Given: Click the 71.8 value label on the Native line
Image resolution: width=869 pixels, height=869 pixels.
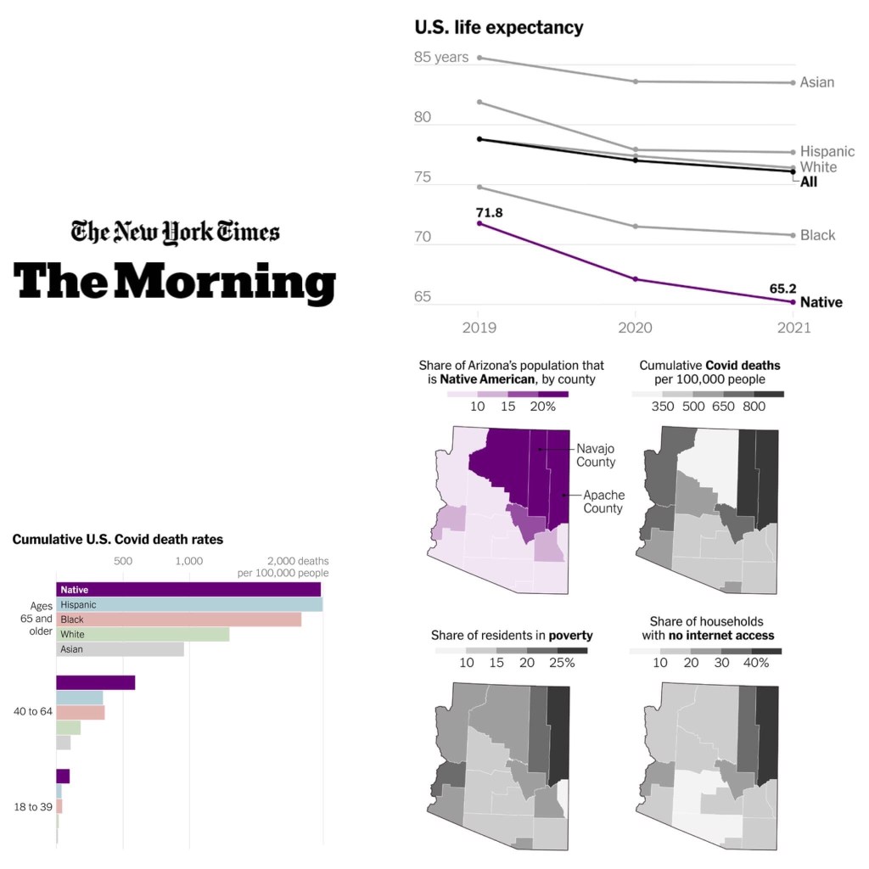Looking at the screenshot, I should [x=489, y=212].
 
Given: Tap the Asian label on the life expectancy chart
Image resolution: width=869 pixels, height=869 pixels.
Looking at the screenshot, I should [x=817, y=82].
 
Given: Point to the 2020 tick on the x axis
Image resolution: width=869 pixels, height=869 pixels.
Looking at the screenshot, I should [x=636, y=328].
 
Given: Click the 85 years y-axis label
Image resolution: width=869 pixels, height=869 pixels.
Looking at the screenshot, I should [x=440, y=58].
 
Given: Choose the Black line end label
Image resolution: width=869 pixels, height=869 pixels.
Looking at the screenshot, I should [x=818, y=235].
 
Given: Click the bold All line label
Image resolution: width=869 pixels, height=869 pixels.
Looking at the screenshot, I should [x=809, y=182].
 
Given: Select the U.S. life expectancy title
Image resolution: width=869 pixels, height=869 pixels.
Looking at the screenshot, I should [x=498, y=27].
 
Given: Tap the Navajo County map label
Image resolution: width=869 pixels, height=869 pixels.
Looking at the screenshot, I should [x=596, y=455].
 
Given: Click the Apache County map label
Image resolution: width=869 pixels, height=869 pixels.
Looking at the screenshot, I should [x=603, y=502].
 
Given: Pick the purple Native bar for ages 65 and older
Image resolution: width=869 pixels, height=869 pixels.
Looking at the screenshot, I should [x=188, y=589].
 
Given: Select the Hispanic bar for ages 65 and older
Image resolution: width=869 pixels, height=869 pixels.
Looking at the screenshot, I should [x=188, y=604].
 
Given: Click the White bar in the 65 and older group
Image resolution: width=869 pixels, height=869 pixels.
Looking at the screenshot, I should [x=143, y=634].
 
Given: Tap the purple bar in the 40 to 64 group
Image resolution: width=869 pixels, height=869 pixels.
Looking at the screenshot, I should [x=95, y=682].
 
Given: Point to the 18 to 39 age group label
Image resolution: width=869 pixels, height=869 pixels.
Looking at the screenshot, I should [x=32, y=806].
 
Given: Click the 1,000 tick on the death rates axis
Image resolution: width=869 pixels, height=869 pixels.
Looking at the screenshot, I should [x=188, y=561].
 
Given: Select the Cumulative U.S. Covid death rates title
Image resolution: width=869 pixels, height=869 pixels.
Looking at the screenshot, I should [x=117, y=539].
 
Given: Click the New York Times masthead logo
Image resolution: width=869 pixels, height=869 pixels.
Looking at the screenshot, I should [x=175, y=232].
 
